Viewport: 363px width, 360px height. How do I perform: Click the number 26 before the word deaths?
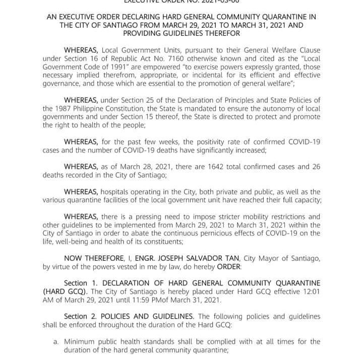[315, 167]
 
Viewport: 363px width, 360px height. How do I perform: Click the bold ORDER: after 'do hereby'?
[229, 267]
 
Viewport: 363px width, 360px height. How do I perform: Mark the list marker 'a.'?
[56, 342]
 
